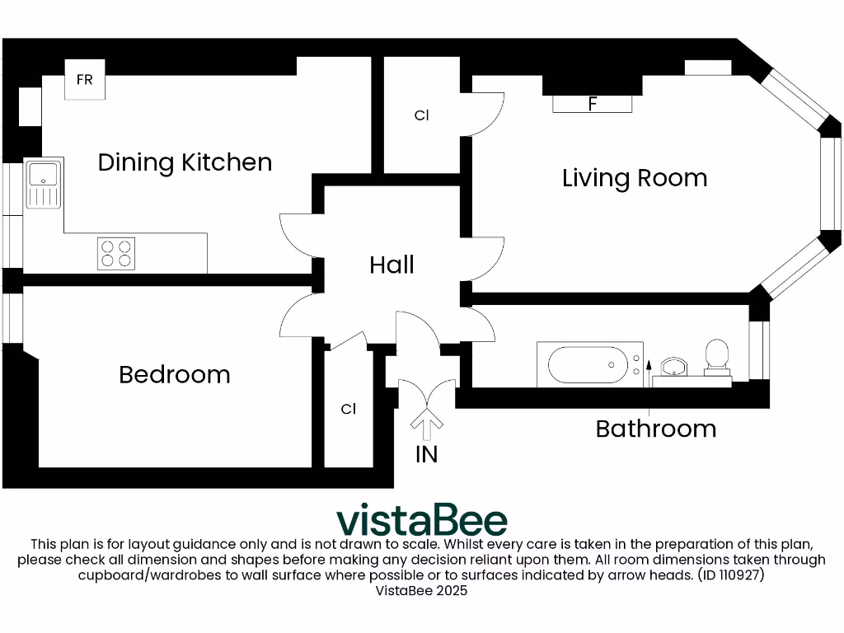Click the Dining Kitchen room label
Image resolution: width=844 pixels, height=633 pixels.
click(185, 162)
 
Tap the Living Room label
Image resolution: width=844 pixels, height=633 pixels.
click(634, 178)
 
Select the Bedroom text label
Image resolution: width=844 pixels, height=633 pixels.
click(175, 375)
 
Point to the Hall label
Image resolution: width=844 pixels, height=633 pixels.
click(392, 265)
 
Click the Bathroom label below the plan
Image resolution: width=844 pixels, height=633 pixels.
click(655, 429)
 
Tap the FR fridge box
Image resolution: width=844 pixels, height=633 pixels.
click(85, 81)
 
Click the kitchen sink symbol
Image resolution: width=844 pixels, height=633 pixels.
click(43, 183)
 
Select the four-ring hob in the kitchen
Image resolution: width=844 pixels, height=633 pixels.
click(116, 253)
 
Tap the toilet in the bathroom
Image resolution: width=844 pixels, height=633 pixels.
click(717, 358)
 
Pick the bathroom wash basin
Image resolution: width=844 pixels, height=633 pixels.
click(674, 367)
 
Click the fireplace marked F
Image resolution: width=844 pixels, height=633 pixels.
click(592, 104)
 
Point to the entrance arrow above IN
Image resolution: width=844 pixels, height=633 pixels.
click(426, 425)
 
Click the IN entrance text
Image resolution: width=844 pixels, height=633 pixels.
click(426, 454)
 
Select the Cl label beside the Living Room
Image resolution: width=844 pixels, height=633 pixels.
click(422, 116)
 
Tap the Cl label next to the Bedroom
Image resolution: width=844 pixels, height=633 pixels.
click(349, 409)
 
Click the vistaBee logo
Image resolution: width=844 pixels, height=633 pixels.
click(422, 520)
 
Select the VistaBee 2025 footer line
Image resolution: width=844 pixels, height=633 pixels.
click(421, 591)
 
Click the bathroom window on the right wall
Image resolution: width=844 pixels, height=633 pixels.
click(759, 350)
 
